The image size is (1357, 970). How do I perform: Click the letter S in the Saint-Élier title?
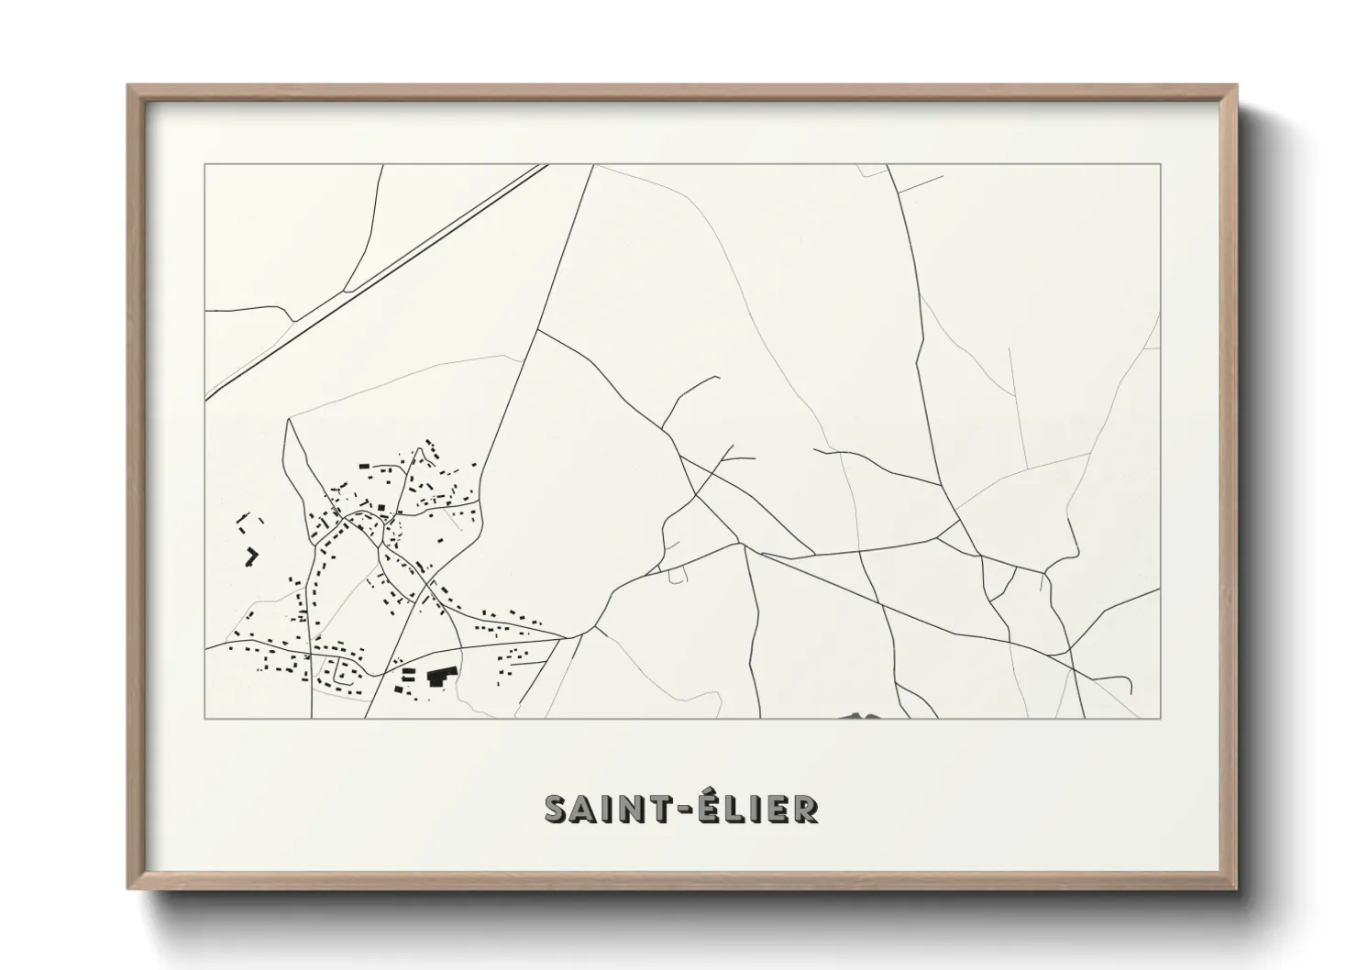coord(557,809)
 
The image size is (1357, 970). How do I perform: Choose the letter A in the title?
coord(583,809)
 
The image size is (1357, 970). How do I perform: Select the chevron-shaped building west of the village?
coord(251,556)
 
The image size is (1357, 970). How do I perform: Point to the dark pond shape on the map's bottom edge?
coord(859,716)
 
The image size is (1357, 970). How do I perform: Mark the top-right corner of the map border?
coord(1161,164)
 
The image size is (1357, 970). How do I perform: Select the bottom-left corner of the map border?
coord(204,718)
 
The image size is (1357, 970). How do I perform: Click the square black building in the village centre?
coord(381,506)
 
